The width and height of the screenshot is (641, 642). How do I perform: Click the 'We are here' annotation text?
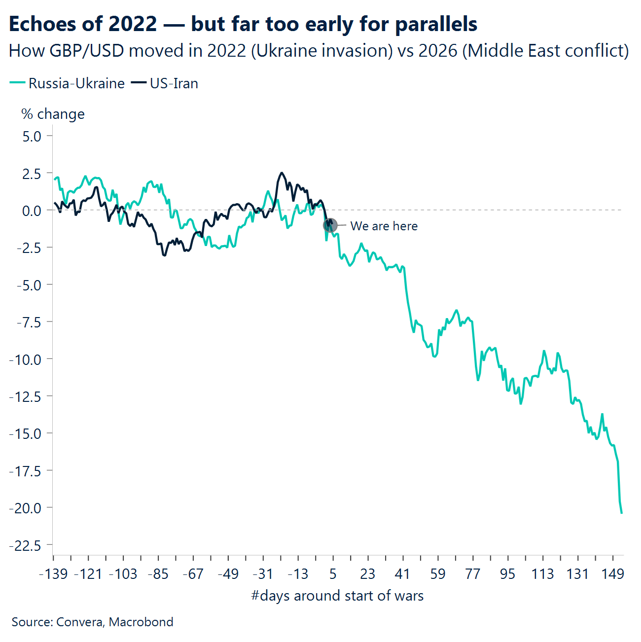tap(384, 226)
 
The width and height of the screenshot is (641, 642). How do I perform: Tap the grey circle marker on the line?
tap(330, 225)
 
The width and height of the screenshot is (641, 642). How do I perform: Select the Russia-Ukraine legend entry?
tap(67, 83)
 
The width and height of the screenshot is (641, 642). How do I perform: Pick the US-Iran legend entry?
tap(165, 83)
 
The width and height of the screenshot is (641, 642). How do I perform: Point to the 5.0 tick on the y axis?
tap(32, 136)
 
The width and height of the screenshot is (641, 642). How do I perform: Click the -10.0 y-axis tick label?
tap(25, 359)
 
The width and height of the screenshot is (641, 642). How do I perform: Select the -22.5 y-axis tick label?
tap(25, 545)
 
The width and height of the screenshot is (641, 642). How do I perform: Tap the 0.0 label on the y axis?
tap(32, 211)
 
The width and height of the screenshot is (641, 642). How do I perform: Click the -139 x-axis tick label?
tap(54, 574)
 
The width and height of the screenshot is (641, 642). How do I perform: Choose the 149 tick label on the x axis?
tap(613, 574)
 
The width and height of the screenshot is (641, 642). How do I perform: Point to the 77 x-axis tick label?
tap(473, 574)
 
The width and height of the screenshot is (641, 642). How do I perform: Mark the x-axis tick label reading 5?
tap(333, 574)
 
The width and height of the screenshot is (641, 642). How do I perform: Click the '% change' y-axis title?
tap(53, 114)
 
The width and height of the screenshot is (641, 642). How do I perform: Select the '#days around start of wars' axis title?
tap(337, 596)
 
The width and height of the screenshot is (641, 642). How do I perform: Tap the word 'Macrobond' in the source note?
tap(141, 622)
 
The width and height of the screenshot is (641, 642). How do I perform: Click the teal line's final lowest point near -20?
tap(621, 513)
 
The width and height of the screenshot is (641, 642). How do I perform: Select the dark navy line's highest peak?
tap(281, 173)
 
